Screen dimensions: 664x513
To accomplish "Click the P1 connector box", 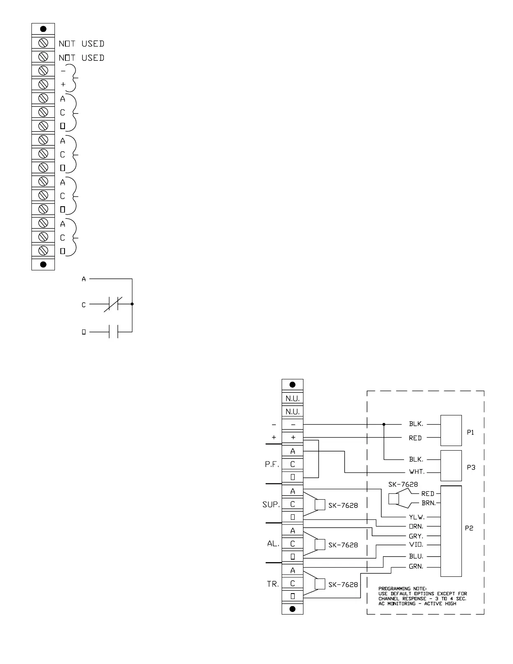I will tap(451, 431).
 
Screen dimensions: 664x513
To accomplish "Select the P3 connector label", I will tap(471, 467).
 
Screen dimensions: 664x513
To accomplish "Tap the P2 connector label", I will tap(469, 528).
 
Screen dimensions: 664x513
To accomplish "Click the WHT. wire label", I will tap(417, 472).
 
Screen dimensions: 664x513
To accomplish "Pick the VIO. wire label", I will tap(416, 545).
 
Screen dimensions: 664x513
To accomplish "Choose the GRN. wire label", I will tap(416, 567).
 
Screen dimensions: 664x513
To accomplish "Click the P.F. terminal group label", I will tap(272, 464).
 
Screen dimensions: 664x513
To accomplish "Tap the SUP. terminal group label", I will tap(271, 505).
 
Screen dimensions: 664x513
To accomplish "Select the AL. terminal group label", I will tap(273, 544).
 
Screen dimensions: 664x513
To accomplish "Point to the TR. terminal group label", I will tap(273, 584).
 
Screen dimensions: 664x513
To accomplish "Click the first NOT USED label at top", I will tap(81, 44).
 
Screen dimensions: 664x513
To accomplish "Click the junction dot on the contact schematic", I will tap(132, 304).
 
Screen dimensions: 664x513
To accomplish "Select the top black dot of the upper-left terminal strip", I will tap(43, 29).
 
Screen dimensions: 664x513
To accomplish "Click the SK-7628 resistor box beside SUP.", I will tap(320, 505).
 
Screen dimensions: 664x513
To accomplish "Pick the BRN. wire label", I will tap(428, 503).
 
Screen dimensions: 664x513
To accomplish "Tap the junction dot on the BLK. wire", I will tap(384, 425).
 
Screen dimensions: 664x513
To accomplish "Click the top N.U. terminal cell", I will tap(293, 398).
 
